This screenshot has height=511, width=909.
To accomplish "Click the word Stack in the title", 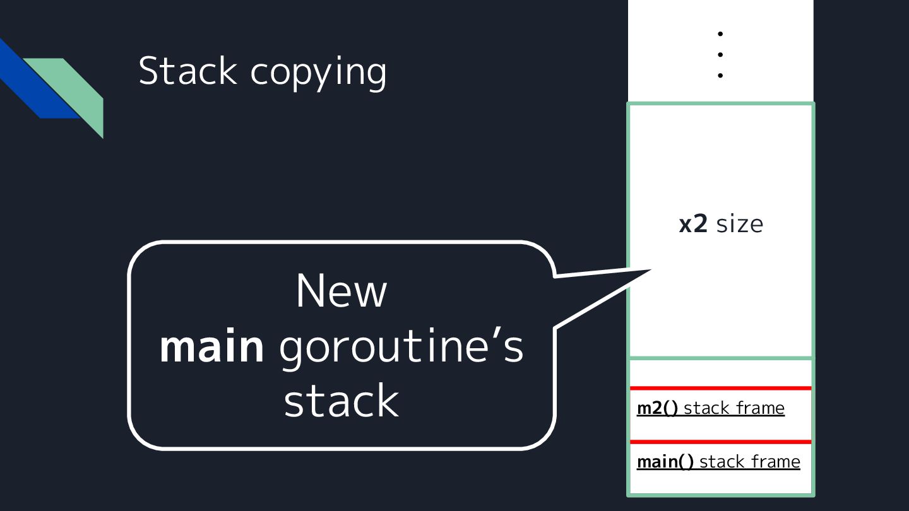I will (187, 71).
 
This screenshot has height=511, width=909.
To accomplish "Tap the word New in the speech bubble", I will (341, 291).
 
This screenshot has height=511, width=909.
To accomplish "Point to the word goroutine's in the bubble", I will (401, 348).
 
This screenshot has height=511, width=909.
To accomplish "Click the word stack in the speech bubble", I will (341, 401).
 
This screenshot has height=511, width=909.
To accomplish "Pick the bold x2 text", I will (692, 224).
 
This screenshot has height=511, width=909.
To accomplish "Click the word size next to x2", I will (740, 224).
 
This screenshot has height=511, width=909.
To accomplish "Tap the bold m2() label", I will (657, 408).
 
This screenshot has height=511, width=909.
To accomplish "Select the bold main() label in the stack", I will (665, 462).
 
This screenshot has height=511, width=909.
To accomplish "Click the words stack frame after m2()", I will (734, 408).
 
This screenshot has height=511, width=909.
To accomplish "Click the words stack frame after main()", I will (750, 462).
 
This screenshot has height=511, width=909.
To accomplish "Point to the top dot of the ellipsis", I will (720, 33).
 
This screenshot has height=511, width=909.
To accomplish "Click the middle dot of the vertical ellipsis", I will (720, 54).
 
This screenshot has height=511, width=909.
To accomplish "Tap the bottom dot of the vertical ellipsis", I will (720, 75).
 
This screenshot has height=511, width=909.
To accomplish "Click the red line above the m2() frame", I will (720, 388).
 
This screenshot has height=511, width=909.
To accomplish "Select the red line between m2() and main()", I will (720, 442).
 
